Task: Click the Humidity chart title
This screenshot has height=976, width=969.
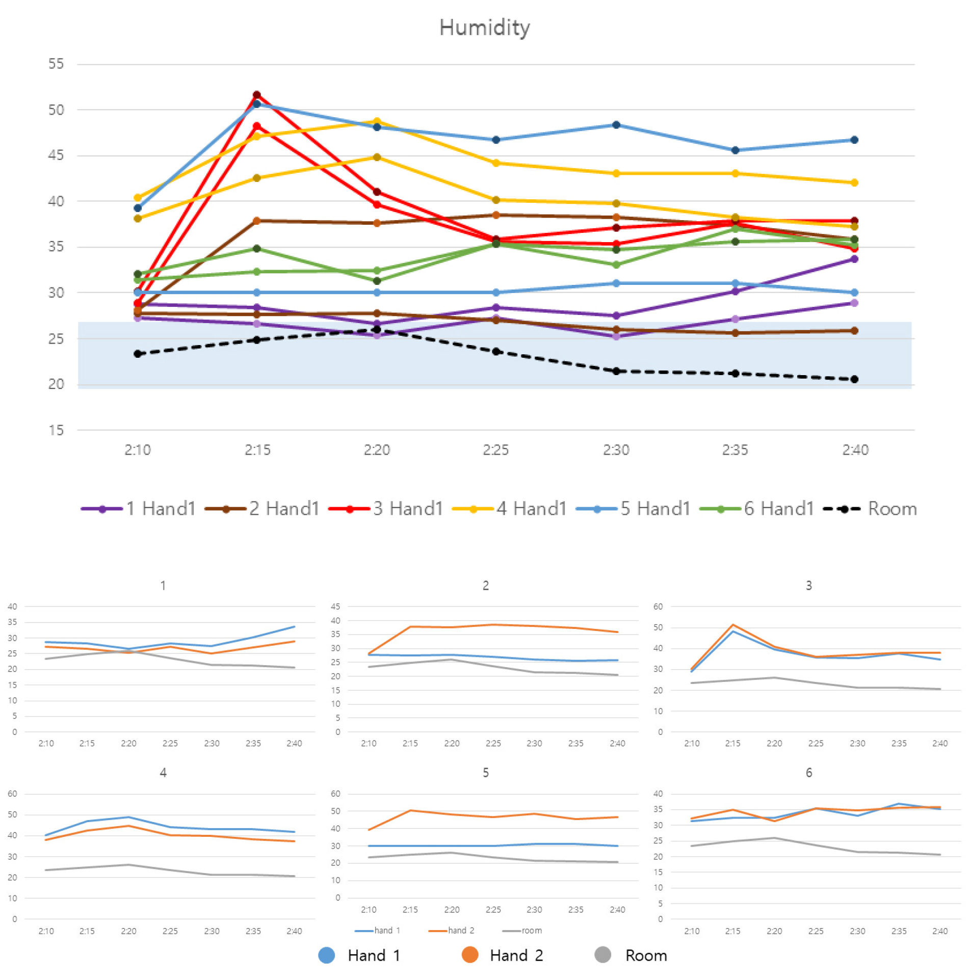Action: pos(484,28)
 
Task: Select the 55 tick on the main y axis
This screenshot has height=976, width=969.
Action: pos(56,64)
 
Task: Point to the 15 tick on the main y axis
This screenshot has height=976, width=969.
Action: pos(56,430)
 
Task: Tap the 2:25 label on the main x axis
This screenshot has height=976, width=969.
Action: pos(495,450)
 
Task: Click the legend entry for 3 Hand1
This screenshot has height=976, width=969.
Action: pos(386,509)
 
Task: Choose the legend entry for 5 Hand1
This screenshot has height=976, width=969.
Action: pos(633,509)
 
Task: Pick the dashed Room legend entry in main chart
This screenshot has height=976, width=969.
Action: pos(870,509)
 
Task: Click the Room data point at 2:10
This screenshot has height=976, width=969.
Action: pos(138,354)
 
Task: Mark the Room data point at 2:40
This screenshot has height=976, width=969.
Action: pos(854,379)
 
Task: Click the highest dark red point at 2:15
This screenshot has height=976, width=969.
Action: pos(257,95)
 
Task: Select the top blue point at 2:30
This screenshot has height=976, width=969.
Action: pos(616,125)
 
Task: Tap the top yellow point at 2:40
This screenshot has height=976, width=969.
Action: pos(854,182)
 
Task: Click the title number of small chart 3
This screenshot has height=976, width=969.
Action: pos(808,586)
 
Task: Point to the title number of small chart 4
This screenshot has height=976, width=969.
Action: pos(163,773)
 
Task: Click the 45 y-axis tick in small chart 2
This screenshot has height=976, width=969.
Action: pos(335,606)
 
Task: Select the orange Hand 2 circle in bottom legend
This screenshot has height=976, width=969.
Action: pos(469,955)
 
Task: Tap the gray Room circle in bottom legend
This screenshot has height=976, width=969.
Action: pos(603,955)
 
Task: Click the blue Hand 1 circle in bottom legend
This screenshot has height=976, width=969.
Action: pos(327,955)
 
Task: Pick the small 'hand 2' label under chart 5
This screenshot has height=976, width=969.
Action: pos(461,931)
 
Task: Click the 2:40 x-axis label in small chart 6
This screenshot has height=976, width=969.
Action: pos(940,931)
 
